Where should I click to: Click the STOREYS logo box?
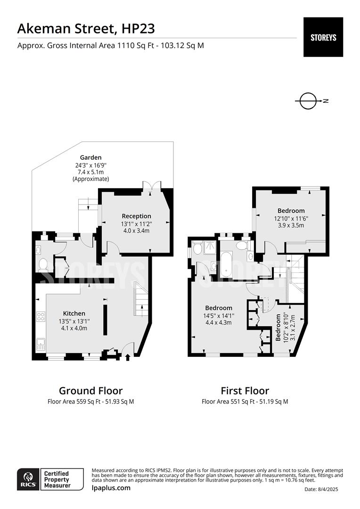point(323,37)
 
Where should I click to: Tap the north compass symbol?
point(308,101)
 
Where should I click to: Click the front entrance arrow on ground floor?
point(127,358)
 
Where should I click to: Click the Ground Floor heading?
point(90,391)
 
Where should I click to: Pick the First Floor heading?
point(245,391)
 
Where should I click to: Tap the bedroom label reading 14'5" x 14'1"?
point(218,315)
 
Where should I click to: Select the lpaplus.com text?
point(111,488)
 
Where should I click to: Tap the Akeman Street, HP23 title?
point(86,29)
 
